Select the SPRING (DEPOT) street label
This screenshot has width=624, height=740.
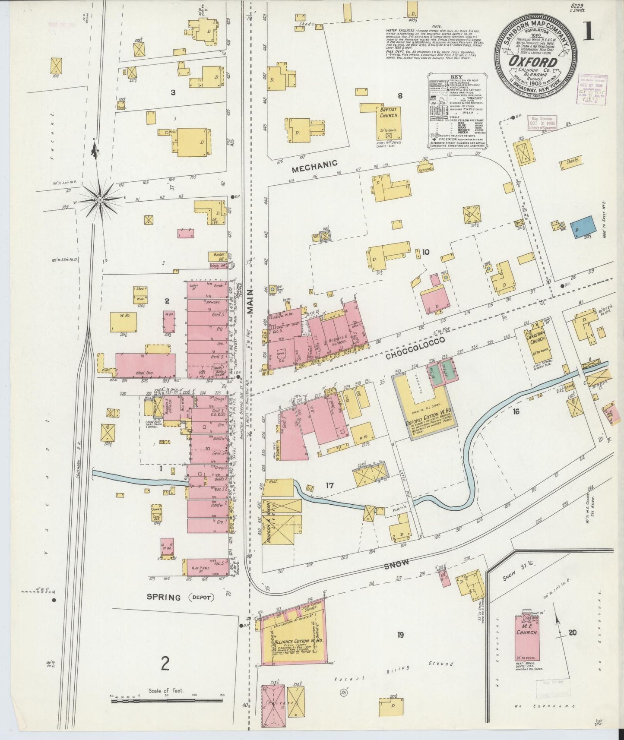click(181, 598)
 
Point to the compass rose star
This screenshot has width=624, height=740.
click(100, 199)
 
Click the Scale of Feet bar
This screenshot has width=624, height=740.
click(168, 702)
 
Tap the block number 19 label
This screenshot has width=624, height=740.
click(400, 634)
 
